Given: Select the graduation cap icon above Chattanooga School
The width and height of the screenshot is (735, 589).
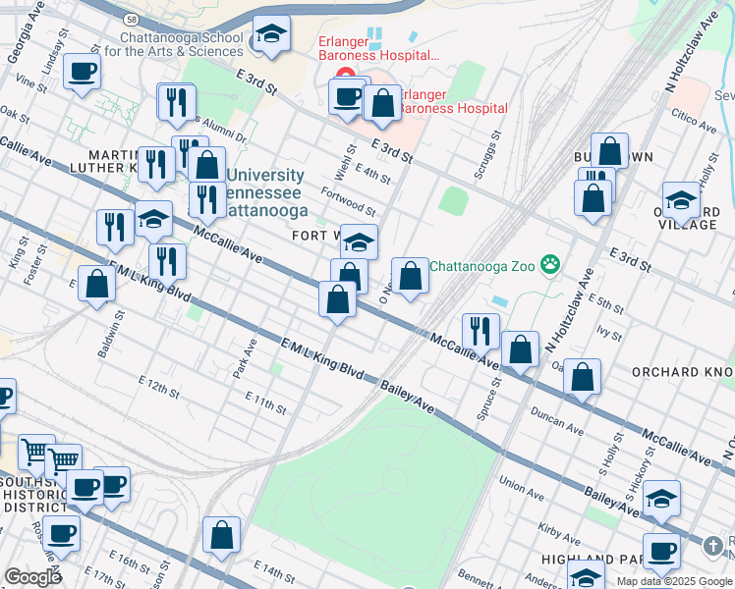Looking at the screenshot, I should (271, 35).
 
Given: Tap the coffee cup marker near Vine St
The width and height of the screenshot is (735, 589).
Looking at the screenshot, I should (83, 72).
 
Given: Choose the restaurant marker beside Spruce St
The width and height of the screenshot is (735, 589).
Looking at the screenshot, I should (481, 331).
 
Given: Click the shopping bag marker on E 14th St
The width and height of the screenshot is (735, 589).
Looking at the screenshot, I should (222, 536).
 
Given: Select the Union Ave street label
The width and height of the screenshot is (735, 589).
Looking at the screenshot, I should (520, 483).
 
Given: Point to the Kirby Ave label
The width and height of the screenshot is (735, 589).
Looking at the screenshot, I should (558, 533).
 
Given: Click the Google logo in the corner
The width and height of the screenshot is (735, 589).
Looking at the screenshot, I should (32, 576).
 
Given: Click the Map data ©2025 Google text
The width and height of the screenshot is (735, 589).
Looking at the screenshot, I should (674, 581).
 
